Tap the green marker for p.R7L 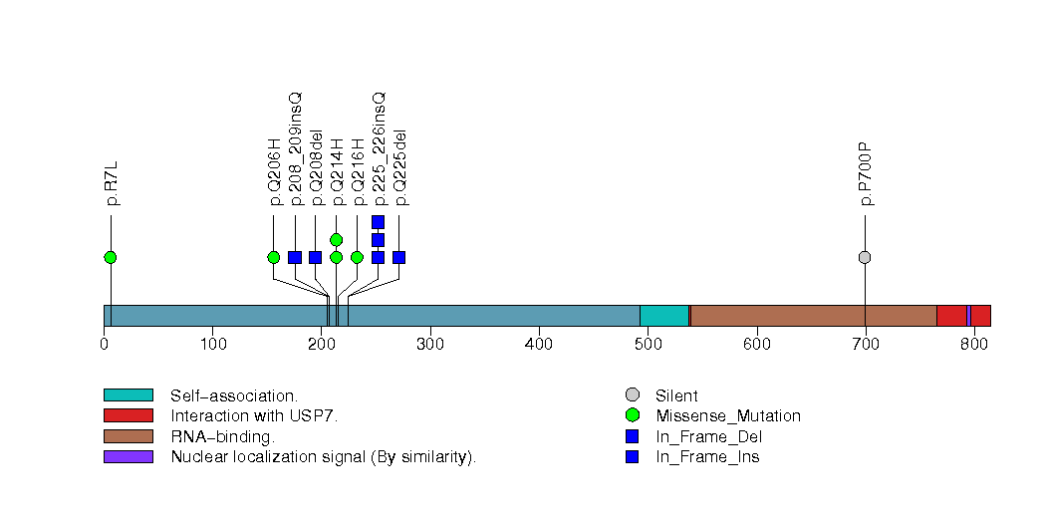point(111,257)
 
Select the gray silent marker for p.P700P point(865,257)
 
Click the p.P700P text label point(867,174)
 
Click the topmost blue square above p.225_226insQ point(378,221)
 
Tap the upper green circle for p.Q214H point(336,240)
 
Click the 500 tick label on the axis point(648,345)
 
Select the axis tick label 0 point(104,345)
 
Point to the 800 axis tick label point(973,345)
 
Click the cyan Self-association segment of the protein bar point(663,316)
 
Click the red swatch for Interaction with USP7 point(128,415)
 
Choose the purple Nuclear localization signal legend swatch point(128,456)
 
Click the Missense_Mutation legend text point(727,415)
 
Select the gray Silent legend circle point(633,395)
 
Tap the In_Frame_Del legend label point(708,436)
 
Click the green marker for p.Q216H point(357,257)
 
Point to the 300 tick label point(429,345)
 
